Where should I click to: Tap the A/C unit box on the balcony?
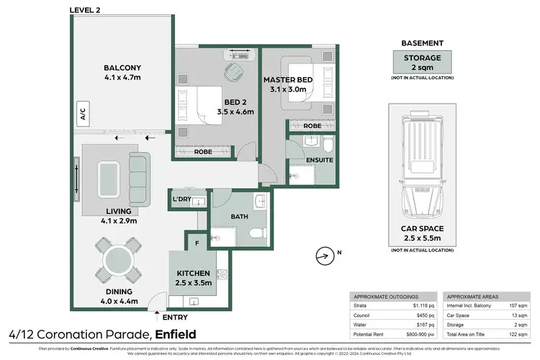click(x=82, y=113)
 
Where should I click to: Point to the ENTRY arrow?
click(x=157, y=315)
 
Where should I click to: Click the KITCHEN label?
click(x=193, y=274)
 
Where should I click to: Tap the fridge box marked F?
click(x=197, y=243)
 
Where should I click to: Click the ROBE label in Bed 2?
click(x=204, y=152)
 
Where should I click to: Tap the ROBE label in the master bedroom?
click(x=312, y=125)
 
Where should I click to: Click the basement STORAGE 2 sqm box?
click(x=422, y=62)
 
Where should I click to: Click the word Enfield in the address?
click(x=176, y=334)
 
